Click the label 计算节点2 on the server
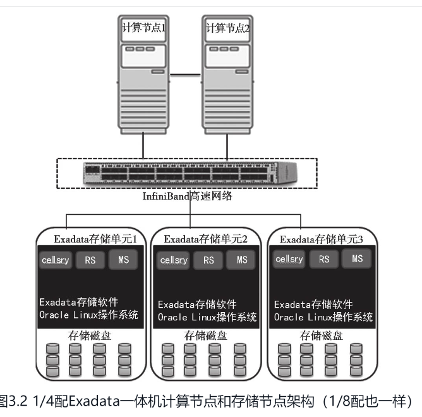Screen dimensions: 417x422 tap(228, 28)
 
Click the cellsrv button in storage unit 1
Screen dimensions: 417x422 tap(56, 260)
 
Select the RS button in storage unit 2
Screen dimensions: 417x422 tap(208, 260)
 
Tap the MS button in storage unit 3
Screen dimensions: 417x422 tap(357, 259)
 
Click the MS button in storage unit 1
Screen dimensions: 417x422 tap(123, 259)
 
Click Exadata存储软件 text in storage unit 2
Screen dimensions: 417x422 tap(198, 304)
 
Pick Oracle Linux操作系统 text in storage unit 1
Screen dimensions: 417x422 tap(88, 315)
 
